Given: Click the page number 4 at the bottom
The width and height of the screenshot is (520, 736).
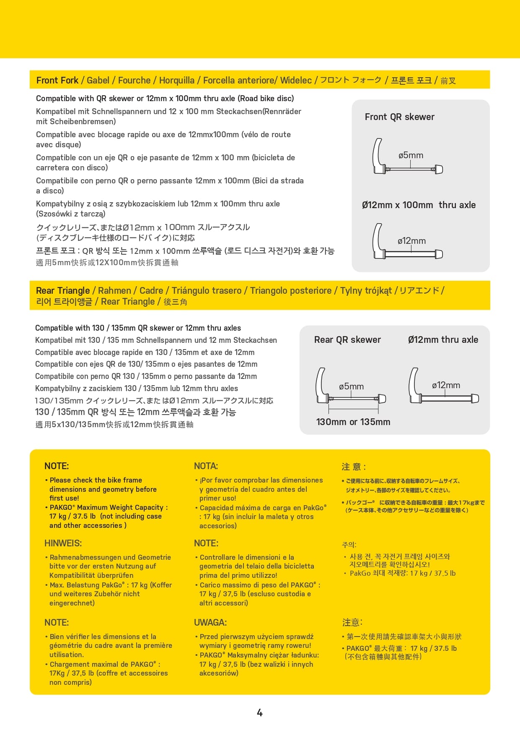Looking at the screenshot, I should [x=259, y=713].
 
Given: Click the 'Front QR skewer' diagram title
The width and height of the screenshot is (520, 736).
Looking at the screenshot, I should [x=399, y=117].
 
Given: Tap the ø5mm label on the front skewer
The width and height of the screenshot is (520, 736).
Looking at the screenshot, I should [x=411, y=155].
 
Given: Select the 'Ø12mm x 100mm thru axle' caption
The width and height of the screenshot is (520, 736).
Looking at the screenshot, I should [x=419, y=205].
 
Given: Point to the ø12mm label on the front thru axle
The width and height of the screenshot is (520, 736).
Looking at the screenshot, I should [x=411, y=241].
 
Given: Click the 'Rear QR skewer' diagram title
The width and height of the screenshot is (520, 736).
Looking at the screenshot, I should [x=347, y=340].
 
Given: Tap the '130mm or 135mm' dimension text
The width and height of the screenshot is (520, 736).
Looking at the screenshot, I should [x=353, y=422].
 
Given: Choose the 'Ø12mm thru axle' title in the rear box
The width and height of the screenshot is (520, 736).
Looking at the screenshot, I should [x=443, y=340].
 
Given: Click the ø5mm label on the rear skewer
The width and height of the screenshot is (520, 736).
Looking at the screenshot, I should [x=351, y=386].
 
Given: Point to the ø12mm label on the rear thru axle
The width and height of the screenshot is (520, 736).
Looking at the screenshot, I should [x=446, y=385].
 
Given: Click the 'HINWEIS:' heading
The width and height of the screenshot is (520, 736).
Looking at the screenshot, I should [x=63, y=543].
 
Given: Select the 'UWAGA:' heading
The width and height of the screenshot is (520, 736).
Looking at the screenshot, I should [x=210, y=623].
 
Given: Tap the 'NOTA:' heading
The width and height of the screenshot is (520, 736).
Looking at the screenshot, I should [x=206, y=466].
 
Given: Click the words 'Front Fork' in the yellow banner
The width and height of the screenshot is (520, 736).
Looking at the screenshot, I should [x=57, y=81].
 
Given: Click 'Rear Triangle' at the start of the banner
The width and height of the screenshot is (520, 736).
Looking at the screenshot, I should [x=63, y=291].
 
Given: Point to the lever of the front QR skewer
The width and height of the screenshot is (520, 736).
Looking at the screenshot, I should [x=377, y=155].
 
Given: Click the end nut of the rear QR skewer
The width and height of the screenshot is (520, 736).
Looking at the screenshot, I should [x=382, y=399].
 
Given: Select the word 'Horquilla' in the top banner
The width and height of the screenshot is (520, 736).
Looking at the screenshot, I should [x=177, y=81].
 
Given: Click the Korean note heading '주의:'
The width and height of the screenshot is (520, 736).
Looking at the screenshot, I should [x=349, y=545].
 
